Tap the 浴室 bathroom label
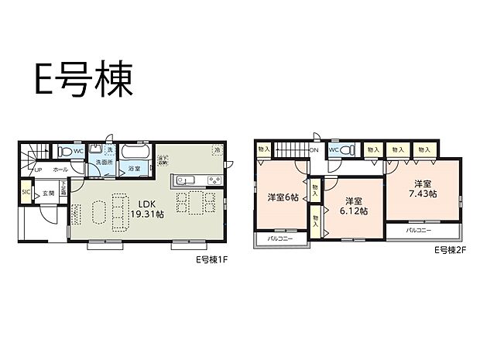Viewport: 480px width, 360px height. pos(134,168)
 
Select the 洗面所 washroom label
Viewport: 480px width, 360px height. pos(105,163)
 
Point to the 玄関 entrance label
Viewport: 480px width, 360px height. pos(46,193)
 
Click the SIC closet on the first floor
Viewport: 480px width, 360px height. pos(26,193)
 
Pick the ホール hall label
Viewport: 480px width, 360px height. pos(59,168)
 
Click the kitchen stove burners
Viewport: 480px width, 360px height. pos(213,181)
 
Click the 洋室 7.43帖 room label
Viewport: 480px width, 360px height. pos(422,188)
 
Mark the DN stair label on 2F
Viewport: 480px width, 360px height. pos(315,151)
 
